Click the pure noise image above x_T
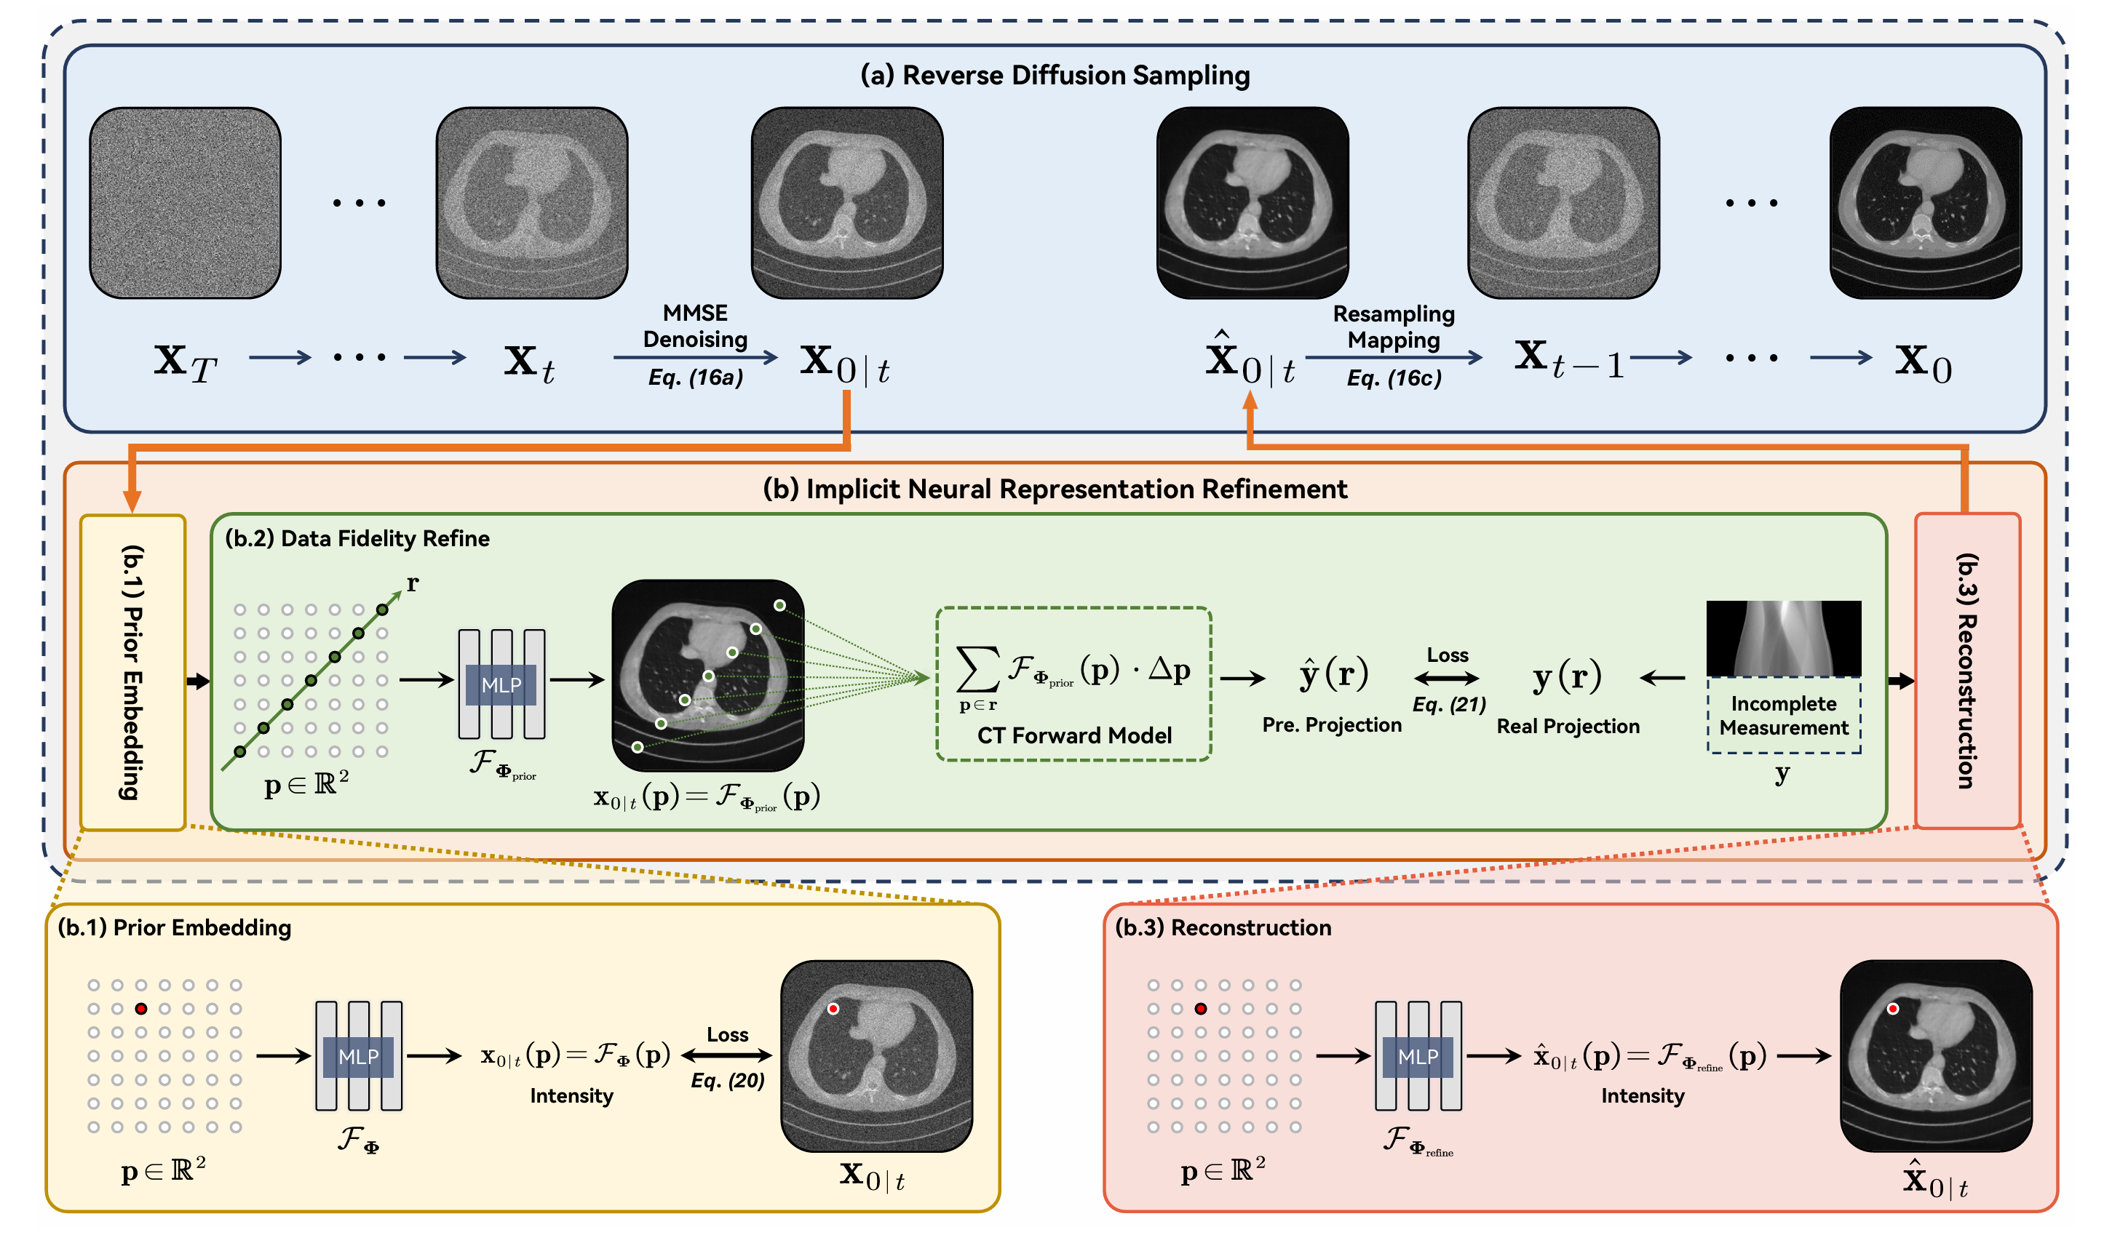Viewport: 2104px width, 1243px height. [185, 202]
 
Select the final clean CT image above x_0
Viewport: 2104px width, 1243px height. [1925, 202]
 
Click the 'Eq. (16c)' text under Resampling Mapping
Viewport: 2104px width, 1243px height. [1394, 379]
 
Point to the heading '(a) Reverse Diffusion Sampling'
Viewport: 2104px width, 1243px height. [1054, 76]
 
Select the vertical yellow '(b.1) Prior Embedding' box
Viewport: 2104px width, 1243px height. [132, 672]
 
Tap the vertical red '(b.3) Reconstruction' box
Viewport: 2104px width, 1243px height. [1966, 670]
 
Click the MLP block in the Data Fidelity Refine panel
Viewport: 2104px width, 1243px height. [501, 684]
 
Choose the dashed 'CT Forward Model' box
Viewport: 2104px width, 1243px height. [1073, 684]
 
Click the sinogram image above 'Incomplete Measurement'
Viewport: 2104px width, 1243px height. [1783, 639]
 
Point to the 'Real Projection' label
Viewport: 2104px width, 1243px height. [1568, 726]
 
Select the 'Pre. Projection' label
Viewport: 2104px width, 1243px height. [1331, 724]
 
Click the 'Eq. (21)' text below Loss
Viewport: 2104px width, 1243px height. [1449, 705]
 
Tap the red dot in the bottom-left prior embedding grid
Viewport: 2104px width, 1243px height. [140, 1009]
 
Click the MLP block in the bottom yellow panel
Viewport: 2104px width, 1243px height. [359, 1056]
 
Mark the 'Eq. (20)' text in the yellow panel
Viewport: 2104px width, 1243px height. [727, 1081]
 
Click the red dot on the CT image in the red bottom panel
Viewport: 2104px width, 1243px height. [1893, 1009]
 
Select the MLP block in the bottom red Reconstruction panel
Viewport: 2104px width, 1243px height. [1418, 1056]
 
